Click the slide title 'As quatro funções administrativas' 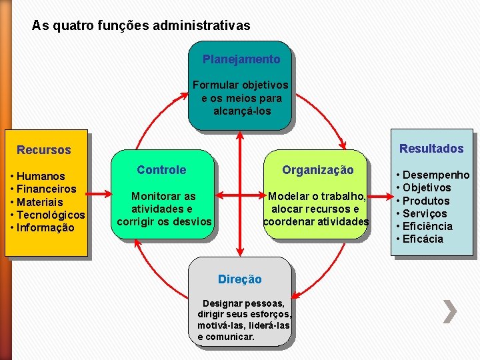(x=141, y=26)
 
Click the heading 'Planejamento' (x=241, y=59)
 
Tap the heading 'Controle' (x=161, y=170)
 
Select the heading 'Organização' (x=317, y=170)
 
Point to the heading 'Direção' (x=240, y=279)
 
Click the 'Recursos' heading (x=44, y=150)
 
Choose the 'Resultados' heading (x=431, y=149)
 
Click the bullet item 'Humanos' (x=41, y=177)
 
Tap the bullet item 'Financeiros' (x=46, y=189)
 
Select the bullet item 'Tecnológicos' (x=51, y=215)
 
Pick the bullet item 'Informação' (x=45, y=227)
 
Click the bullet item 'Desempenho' (x=436, y=175)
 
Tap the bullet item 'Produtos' (x=427, y=201)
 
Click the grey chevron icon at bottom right (x=451, y=311)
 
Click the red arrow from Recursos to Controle (x=100, y=195)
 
